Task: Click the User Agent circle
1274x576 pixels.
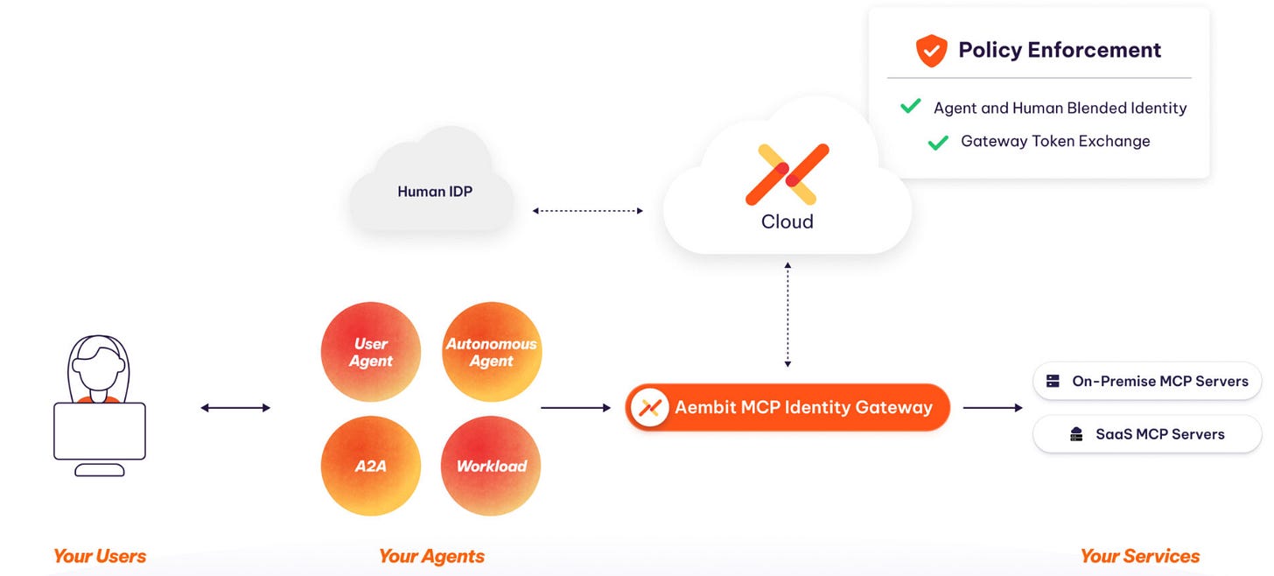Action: pyautogui.click(x=371, y=352)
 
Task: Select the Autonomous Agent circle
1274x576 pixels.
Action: pyautogui.click(x=491, y=352)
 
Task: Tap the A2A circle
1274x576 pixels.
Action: pyautogui.click(x=371, y=466)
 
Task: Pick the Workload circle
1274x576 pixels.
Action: pyautogui.click(x=491, y=466)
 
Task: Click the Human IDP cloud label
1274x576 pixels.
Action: pyautogui.click(x=434, y=192)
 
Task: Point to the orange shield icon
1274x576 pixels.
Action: pyautogui.click(x=931, y=51)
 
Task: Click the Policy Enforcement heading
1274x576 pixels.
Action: pyautogui.click(x=1059, y=50)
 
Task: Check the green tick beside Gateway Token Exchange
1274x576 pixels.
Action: pyautogui.click(x=938, y=142)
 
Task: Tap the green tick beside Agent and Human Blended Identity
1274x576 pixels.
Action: pyautogui.click(x=910, y=107)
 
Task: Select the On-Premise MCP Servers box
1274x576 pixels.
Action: pyautogui.click(x=1147, y=382)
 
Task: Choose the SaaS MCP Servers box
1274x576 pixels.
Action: pyautogui.click(x=1147, y=434)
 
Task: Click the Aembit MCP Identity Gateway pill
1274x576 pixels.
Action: pyautogui.click(x=787, y=407)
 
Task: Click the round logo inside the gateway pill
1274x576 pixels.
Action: pyautogui.click(x=650, y=407)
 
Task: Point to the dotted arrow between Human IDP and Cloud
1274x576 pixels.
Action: pyautogui.click(x=588, y=211)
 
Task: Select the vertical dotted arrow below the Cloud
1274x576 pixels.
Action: pyautogui.click(x=787, y=313)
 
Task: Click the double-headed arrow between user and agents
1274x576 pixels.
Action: pyautogui.click(x=235, y=408)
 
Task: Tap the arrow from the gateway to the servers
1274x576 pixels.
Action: pyautogui.click(x=993, y=408)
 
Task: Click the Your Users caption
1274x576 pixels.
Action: pyautogui.click(x=100, y=556)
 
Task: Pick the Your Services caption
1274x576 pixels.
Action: pyautogui.click(x=1139, y=556)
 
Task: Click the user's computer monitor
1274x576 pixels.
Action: pyautogui.click(x=100, y=431)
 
